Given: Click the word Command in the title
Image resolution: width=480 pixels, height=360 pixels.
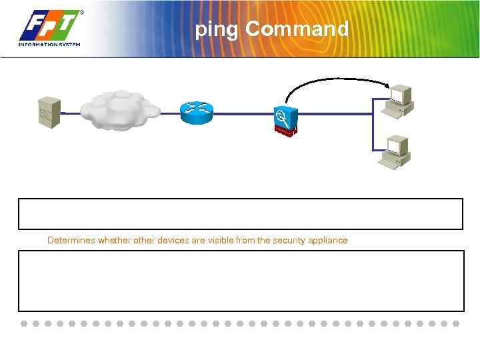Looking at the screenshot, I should [x=297, y=29].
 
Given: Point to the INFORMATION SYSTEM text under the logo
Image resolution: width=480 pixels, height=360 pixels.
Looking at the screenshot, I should [x=49, y=45].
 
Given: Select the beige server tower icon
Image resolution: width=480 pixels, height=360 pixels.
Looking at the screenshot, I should [x=49, y=113].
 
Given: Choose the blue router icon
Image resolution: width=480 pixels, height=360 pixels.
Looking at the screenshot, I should [x=197, y=112].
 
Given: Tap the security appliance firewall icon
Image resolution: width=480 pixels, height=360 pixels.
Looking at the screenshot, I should [x=285, y=121].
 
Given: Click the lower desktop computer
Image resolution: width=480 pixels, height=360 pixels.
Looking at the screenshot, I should [x=395, y=152].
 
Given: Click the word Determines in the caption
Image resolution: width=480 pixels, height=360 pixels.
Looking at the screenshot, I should [x=71, y=240].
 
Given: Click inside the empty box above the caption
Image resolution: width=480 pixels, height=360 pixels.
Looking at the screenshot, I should [x=240, y=213].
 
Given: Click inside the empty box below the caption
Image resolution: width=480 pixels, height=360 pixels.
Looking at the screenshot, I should [x=240, y=281].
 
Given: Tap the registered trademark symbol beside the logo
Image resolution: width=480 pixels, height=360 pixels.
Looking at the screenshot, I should [x=82, y=13].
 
